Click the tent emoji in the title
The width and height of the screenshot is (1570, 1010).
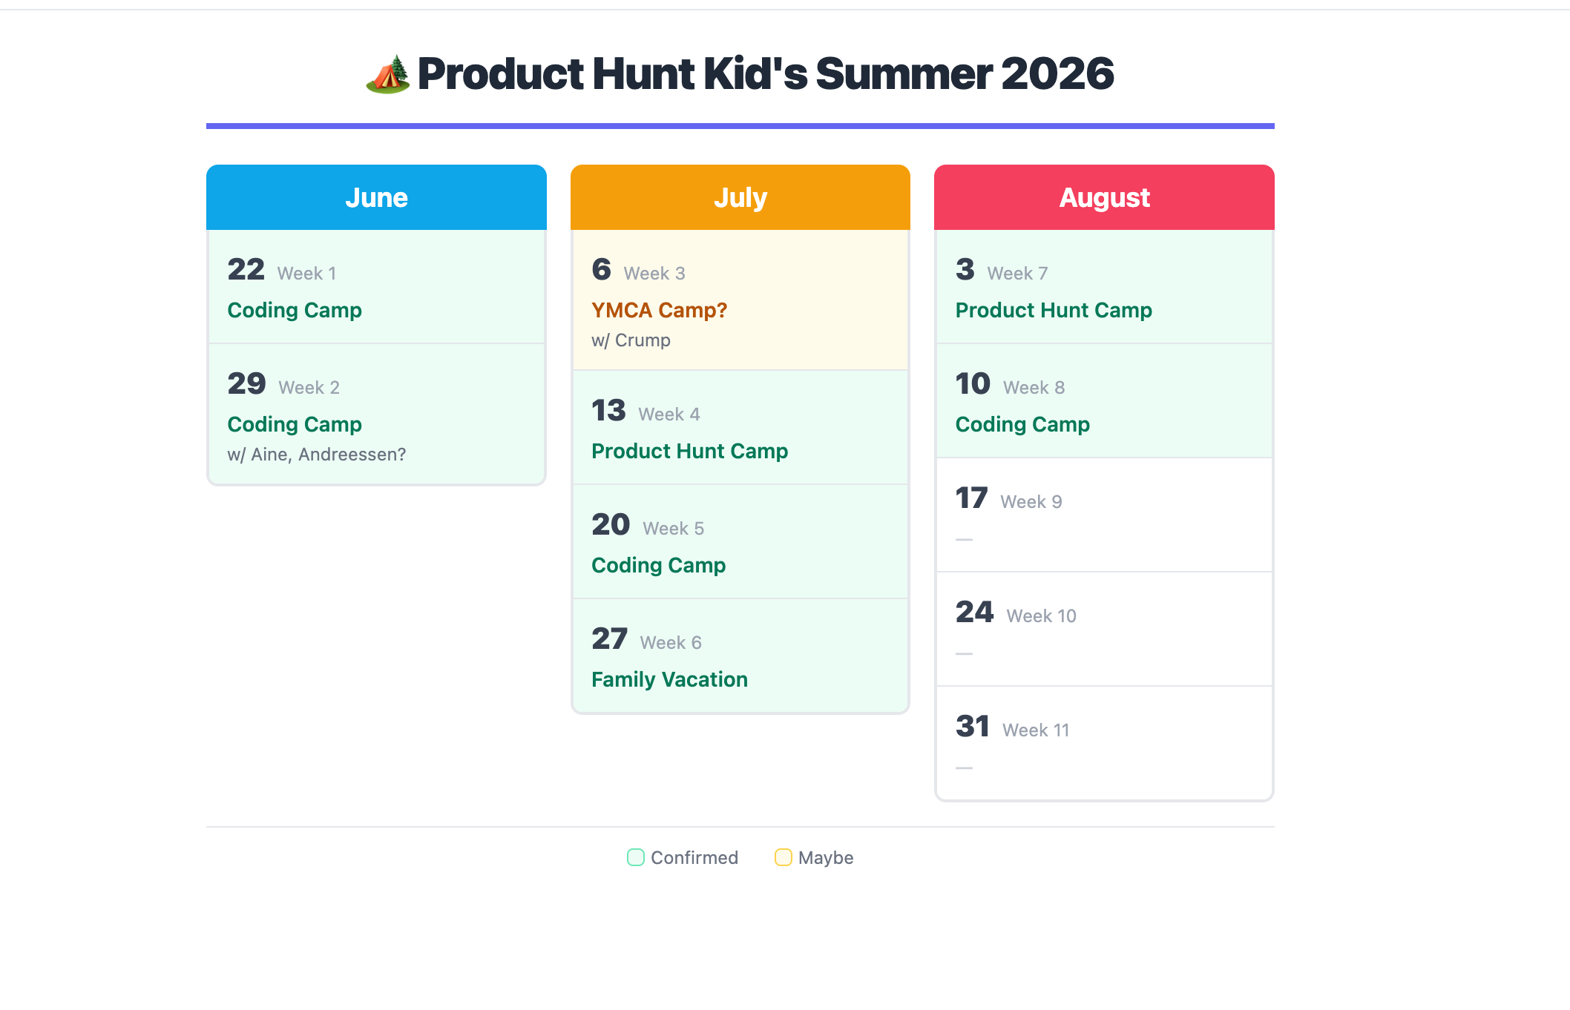[387, 74]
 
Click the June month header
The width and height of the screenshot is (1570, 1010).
[376, 198]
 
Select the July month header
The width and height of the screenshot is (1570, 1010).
[740, 198]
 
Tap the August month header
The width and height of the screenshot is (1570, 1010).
[1104, 198]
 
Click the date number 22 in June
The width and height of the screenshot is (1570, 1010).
[246, 269]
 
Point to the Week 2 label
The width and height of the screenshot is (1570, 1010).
[309, 387]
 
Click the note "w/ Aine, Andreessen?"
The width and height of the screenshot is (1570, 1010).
[316, 455]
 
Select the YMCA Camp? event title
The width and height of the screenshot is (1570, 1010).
[659, 310]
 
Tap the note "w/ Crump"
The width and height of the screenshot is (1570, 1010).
[631, 340]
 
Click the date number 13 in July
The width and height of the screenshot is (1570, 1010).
[608, 410]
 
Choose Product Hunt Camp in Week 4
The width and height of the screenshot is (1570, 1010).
[689, 451]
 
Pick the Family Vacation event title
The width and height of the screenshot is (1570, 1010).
[669, 679]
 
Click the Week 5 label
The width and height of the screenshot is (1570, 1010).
[673, 528]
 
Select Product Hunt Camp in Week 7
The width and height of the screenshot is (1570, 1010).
[1054, 310]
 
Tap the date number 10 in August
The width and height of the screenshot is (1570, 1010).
[973, 383]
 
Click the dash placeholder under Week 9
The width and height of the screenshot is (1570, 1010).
[964, 540]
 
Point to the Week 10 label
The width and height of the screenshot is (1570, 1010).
[1041, 615]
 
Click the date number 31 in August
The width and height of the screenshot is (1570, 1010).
[973, 726]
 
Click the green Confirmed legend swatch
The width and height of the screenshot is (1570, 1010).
[636, 857]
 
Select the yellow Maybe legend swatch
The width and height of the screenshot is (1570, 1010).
[783, 857]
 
